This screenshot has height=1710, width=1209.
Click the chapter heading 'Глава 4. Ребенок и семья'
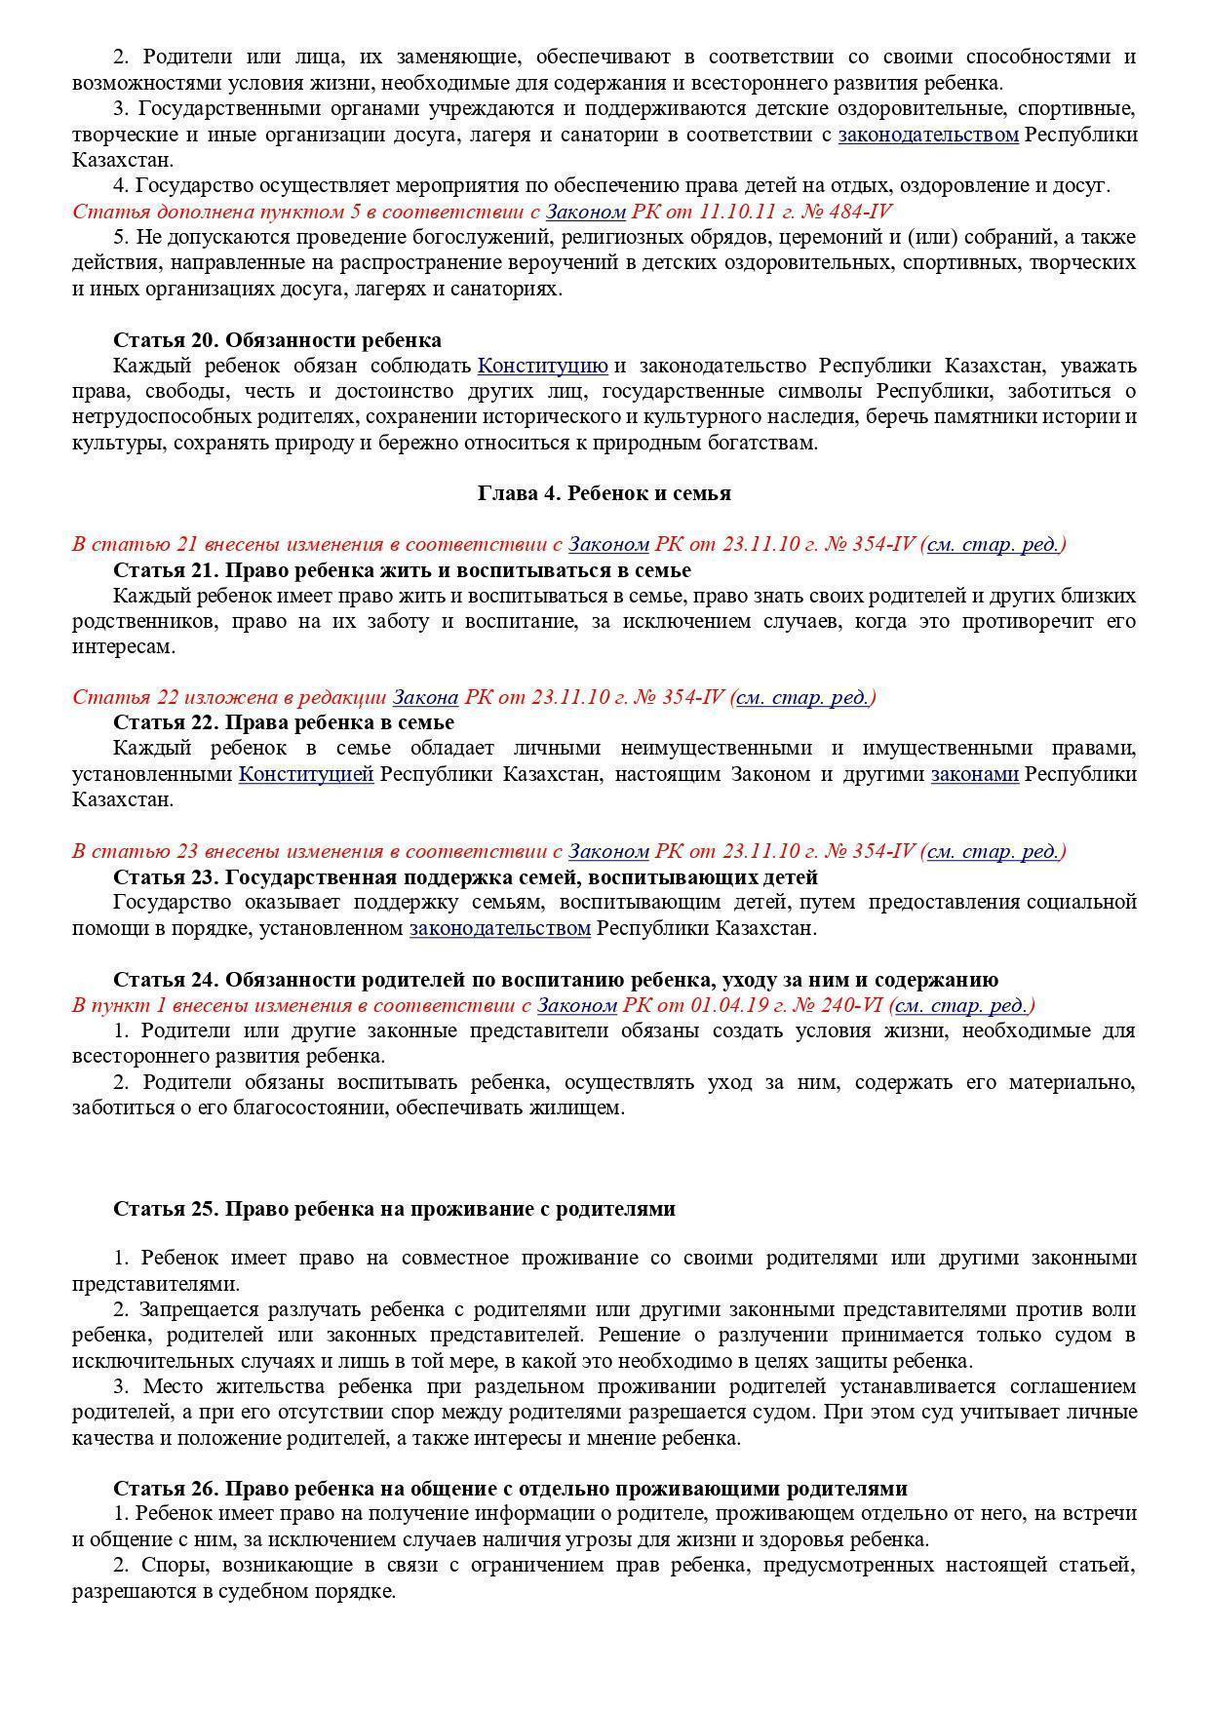click(604, 493)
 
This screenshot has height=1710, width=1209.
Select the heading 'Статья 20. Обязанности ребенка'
click(277, 340)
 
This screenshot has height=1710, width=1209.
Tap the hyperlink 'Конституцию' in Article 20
click(542, 366)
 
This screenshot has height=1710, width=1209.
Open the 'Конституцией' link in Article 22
click(306, 774)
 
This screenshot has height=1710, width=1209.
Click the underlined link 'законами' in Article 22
click(974, 774)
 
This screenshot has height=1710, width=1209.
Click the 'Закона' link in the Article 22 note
click(425, 697)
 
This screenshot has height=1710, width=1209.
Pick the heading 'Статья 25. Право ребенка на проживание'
click(394, 1209)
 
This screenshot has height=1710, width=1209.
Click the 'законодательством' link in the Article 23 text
click(499, 928)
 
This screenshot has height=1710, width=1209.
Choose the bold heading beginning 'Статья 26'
click(510, 1489)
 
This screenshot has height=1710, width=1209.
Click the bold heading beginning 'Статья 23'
click(465, 877)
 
